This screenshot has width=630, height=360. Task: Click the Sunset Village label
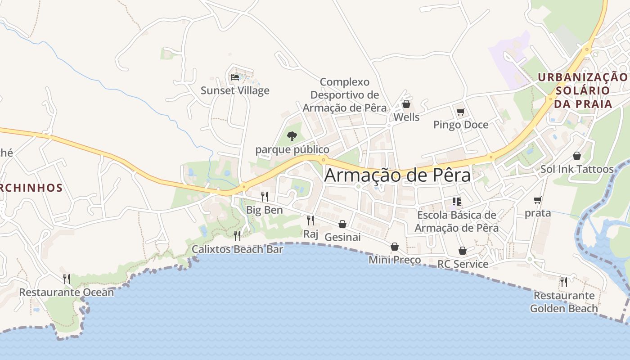235,90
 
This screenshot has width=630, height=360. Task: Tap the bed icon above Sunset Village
235,77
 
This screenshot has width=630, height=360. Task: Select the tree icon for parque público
292,136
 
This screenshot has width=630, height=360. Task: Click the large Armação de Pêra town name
397,175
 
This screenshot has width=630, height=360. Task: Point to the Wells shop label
406,117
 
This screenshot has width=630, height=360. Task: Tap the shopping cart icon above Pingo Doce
460,112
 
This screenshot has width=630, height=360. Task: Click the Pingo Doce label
461,125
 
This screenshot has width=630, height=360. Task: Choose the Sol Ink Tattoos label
577,169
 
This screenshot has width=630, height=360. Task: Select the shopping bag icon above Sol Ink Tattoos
577,156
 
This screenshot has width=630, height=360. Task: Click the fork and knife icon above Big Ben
265,196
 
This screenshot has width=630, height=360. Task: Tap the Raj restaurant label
310,234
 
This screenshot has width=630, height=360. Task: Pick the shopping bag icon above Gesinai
342,224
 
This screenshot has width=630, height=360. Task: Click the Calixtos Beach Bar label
237,249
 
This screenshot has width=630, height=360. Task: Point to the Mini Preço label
395,260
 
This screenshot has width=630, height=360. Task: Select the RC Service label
463,264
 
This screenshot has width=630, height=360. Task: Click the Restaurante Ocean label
67,292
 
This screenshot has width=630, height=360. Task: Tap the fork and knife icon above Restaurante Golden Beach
563,282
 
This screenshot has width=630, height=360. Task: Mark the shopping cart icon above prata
537,200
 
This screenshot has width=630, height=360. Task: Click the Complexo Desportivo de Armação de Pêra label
345,95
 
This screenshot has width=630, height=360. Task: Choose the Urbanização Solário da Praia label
583,90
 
